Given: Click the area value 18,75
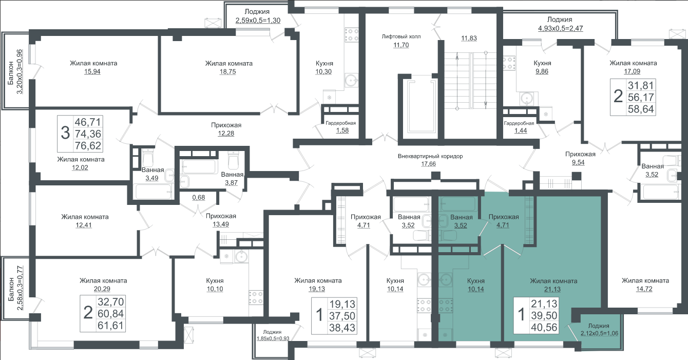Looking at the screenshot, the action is pos(227,71).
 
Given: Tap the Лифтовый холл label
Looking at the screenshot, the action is pos(401,36).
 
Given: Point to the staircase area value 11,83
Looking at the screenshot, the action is pos(469,38).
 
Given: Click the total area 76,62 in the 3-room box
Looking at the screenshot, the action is pos(88,146).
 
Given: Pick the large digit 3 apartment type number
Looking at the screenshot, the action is pos(65,134).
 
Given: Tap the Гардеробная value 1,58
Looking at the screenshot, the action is pos(342,130).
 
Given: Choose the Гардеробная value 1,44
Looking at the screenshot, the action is pos(521,130).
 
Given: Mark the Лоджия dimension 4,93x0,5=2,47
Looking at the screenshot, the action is pos(560,29).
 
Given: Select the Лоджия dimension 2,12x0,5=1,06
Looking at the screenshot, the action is pos(599,333).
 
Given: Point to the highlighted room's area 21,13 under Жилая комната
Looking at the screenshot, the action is pos(552,289).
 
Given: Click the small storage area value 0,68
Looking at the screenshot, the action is pos(198,198).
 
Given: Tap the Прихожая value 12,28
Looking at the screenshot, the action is pos(226,134).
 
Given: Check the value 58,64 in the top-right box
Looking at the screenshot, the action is pos(641,109).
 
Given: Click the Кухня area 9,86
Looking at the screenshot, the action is pos(542,71).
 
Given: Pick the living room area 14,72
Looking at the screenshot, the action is pos(644,289).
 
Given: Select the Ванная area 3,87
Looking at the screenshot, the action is pos(231,182).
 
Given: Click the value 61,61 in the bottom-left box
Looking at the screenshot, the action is pos(110,325).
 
